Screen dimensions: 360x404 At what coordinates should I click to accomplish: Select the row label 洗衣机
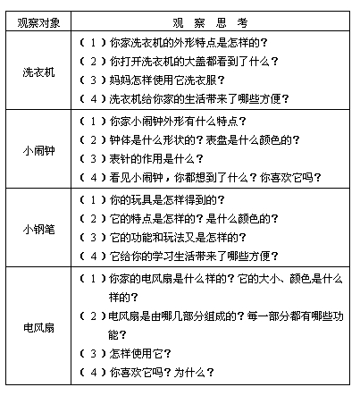(x=38, y=71)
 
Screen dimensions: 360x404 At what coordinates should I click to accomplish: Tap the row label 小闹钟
(x=38, y=150)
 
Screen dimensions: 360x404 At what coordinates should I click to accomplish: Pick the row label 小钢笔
(x=38, y=228)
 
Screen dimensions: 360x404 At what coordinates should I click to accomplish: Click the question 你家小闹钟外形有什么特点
(x=178, y=121)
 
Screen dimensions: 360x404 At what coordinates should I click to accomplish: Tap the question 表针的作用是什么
(x=157, y=159)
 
